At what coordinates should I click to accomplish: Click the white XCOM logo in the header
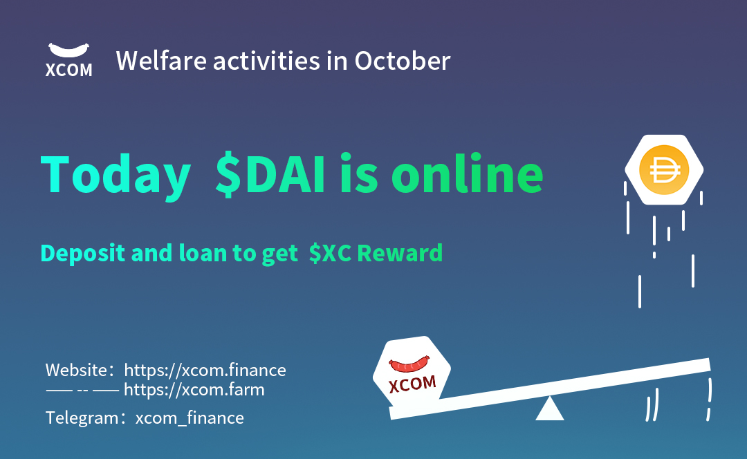tap(68, 59)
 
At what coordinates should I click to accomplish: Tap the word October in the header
tap(403, 61)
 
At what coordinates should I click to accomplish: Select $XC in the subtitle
tap(329, 253)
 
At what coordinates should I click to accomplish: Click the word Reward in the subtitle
tap(399, 253)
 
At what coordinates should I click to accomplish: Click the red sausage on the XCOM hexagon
tap(409, 364)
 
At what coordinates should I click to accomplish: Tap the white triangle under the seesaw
tap(550, 409)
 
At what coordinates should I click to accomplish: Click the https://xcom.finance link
tap(205, 370)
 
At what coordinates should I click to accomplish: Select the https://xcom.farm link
tap(194, 390)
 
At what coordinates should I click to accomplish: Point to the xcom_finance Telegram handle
tap(190, 418)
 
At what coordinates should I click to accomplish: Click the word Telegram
tap(81, 418)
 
